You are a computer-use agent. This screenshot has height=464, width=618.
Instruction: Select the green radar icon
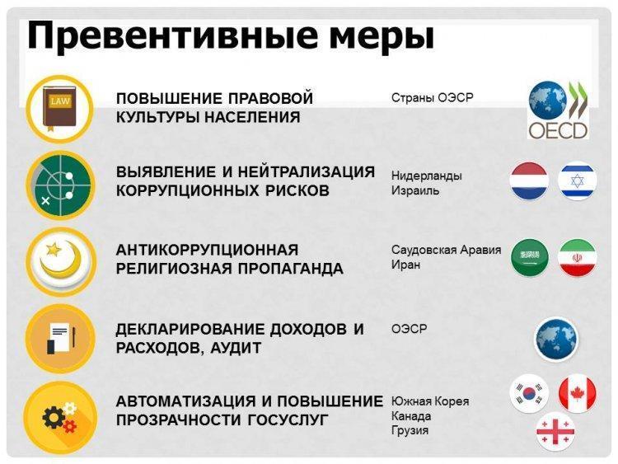point(60,185)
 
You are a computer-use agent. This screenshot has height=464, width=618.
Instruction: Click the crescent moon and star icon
point(60,261)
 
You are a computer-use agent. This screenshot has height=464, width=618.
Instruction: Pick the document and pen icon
point(60,339)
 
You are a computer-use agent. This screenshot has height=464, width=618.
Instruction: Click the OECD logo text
point(558,130)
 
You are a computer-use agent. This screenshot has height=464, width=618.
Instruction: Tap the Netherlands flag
point(529,181)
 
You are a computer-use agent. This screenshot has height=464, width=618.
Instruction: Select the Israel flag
point(578,181)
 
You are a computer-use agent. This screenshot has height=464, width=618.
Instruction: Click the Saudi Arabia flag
point(529,258)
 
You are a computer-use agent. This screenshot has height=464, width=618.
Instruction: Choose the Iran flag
point(578,258)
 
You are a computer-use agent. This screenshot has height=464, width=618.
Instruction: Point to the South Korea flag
point(529,393)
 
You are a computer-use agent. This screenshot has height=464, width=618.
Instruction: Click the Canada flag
point(578,393)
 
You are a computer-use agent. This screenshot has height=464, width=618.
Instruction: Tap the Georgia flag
point(555,431)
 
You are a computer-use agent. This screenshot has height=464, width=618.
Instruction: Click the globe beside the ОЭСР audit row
point(555,340)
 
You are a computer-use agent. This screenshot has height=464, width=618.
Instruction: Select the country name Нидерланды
point(427,176)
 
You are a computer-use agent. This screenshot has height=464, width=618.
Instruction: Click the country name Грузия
point(410,430)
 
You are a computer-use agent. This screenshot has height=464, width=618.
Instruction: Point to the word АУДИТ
point(236,348)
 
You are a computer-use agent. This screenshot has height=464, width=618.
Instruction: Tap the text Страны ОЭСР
point(432,97)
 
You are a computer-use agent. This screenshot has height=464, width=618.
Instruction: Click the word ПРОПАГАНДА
point(291,269)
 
